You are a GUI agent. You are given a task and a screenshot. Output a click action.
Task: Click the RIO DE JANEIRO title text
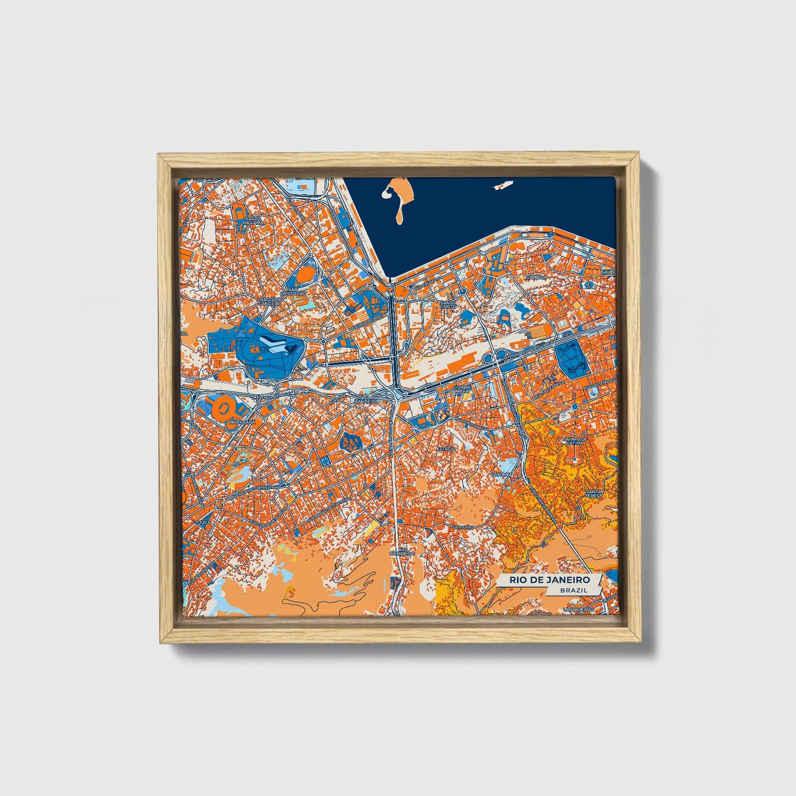(549, 580)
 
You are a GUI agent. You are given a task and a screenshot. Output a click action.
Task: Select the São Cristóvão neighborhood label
(289, 291)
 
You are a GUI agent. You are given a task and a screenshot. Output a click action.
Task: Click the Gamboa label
(535, 277)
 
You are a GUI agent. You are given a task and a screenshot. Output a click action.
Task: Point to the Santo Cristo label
(448, 305)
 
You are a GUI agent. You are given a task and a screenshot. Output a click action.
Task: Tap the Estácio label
(446, 448)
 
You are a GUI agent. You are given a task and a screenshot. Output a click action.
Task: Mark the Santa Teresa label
(595, 494)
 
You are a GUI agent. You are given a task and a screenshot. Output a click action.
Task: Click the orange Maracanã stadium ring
(225, 407)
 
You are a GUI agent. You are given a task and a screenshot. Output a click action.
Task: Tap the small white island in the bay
(501, 186)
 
